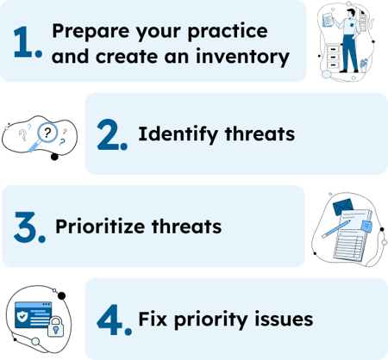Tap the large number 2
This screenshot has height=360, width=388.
pyautogui.click(x=113, y=134)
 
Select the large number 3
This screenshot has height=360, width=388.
pyautogui.click(x=28, y=227)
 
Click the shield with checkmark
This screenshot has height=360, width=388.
pyautogui.click(x=22, y=316)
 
